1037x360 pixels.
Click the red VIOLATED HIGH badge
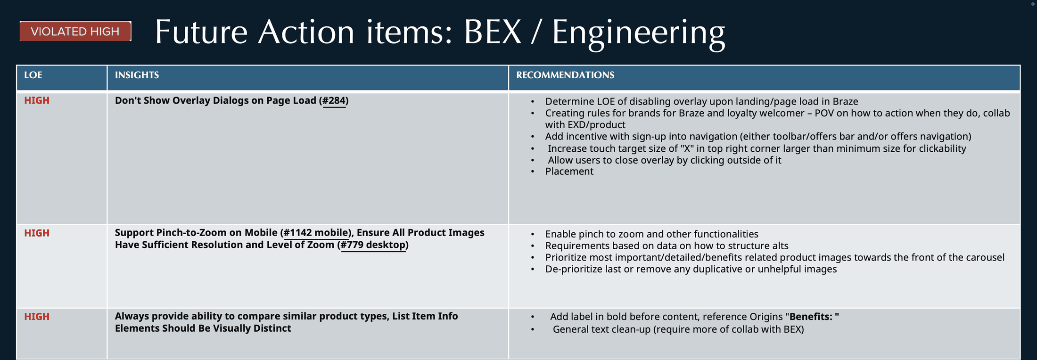[75, 31]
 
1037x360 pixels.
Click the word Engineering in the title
[638, 33]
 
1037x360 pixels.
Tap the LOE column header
[33, 75]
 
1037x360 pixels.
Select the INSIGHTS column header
[137, 75]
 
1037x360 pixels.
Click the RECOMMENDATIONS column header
[565, 75]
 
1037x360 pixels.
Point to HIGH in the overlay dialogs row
[37, 100]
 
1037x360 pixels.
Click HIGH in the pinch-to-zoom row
[37, 233]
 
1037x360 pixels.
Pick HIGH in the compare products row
[37, 317]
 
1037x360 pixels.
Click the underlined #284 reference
[334, 100]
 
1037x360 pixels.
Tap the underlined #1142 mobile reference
[317, 233]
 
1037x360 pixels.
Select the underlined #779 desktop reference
[373, 245]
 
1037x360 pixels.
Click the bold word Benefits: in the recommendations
[812, 317]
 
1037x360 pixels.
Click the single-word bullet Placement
[569, 172]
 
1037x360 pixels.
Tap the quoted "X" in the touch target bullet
[686, 148]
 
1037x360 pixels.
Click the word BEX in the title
[493, 33]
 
